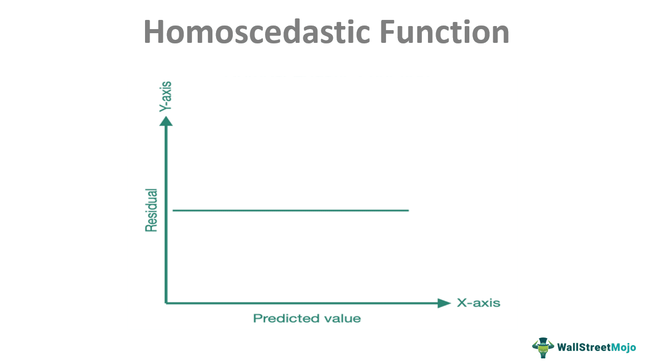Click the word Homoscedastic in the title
point(257,31)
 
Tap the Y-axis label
point(165,96)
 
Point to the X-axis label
point(479,303)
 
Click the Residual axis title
point(151,210)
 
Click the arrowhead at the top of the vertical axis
point(166,121)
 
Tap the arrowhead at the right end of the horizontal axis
point(444,303)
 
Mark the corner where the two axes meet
point(166,303)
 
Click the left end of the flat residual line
point(173,210)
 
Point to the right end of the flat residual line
point(409,210)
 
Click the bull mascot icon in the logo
point(543,348)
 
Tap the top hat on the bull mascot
point(543,341)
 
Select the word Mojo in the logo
point(624,348)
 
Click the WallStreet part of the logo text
point(584,347)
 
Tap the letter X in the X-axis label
point(462,303)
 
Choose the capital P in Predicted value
point(257,318)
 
